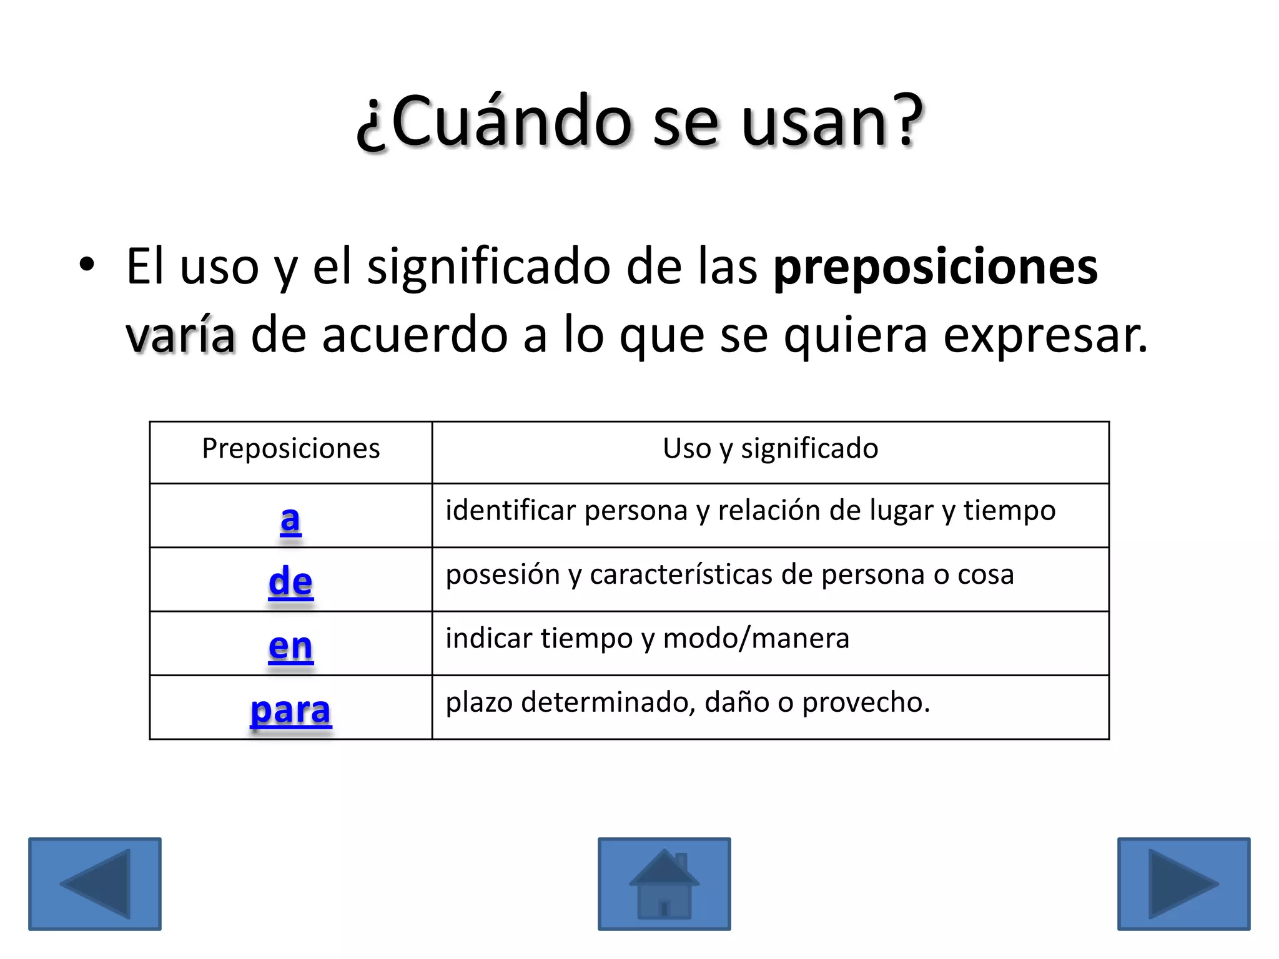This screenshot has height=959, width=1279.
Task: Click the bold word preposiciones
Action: click(x=935, y=267)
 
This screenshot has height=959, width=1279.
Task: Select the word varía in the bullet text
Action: click(x=180, y=335)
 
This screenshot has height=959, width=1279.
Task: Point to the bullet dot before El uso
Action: click(x=87, y=264)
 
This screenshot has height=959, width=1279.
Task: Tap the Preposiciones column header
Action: click(x=290, y=449)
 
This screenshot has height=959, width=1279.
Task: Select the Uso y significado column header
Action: click(x=770, y=449)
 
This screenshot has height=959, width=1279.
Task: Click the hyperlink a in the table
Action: click(x=290, y=519)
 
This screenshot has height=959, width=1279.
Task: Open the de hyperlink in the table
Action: click(x=290, y=582)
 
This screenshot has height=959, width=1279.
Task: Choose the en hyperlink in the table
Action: click(x=290, y=646)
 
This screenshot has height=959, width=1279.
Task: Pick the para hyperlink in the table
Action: click(x=290, y=711)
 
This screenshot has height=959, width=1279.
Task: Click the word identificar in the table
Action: click(x=510, y=511)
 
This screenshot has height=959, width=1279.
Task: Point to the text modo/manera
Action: click(x=756, y=639)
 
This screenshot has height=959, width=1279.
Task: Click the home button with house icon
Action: click(x=664, y=884)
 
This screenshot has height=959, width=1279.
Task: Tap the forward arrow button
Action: click(x=1183, y=884)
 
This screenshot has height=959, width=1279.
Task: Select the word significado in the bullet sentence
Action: click(x=488, y=267)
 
